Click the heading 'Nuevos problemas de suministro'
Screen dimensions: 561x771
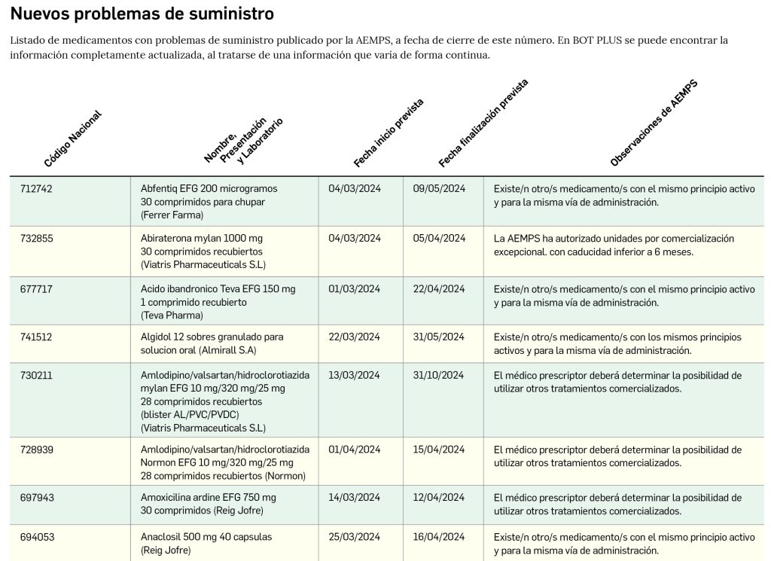[142, 14]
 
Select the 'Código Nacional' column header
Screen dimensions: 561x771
[72, 139]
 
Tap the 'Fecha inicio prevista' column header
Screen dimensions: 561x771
[389, 133]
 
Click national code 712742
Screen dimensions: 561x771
[36, 189]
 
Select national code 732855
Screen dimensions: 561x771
[36, 239]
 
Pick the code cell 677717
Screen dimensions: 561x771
[36, 289]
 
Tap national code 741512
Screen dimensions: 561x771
[36, 337]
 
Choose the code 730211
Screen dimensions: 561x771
[36, 375]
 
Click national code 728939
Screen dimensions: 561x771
[36, 450]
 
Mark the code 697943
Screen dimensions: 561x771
[36, 498]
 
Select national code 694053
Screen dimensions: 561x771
[36, 538]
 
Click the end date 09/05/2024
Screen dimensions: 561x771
[439, 189]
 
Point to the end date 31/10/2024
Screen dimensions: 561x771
[439, 375]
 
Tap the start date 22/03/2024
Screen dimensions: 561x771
[355, 337]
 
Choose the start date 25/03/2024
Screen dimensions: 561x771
[355, 538]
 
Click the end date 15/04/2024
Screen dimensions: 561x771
[439, 450]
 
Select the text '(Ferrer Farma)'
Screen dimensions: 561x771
[172, 215]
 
